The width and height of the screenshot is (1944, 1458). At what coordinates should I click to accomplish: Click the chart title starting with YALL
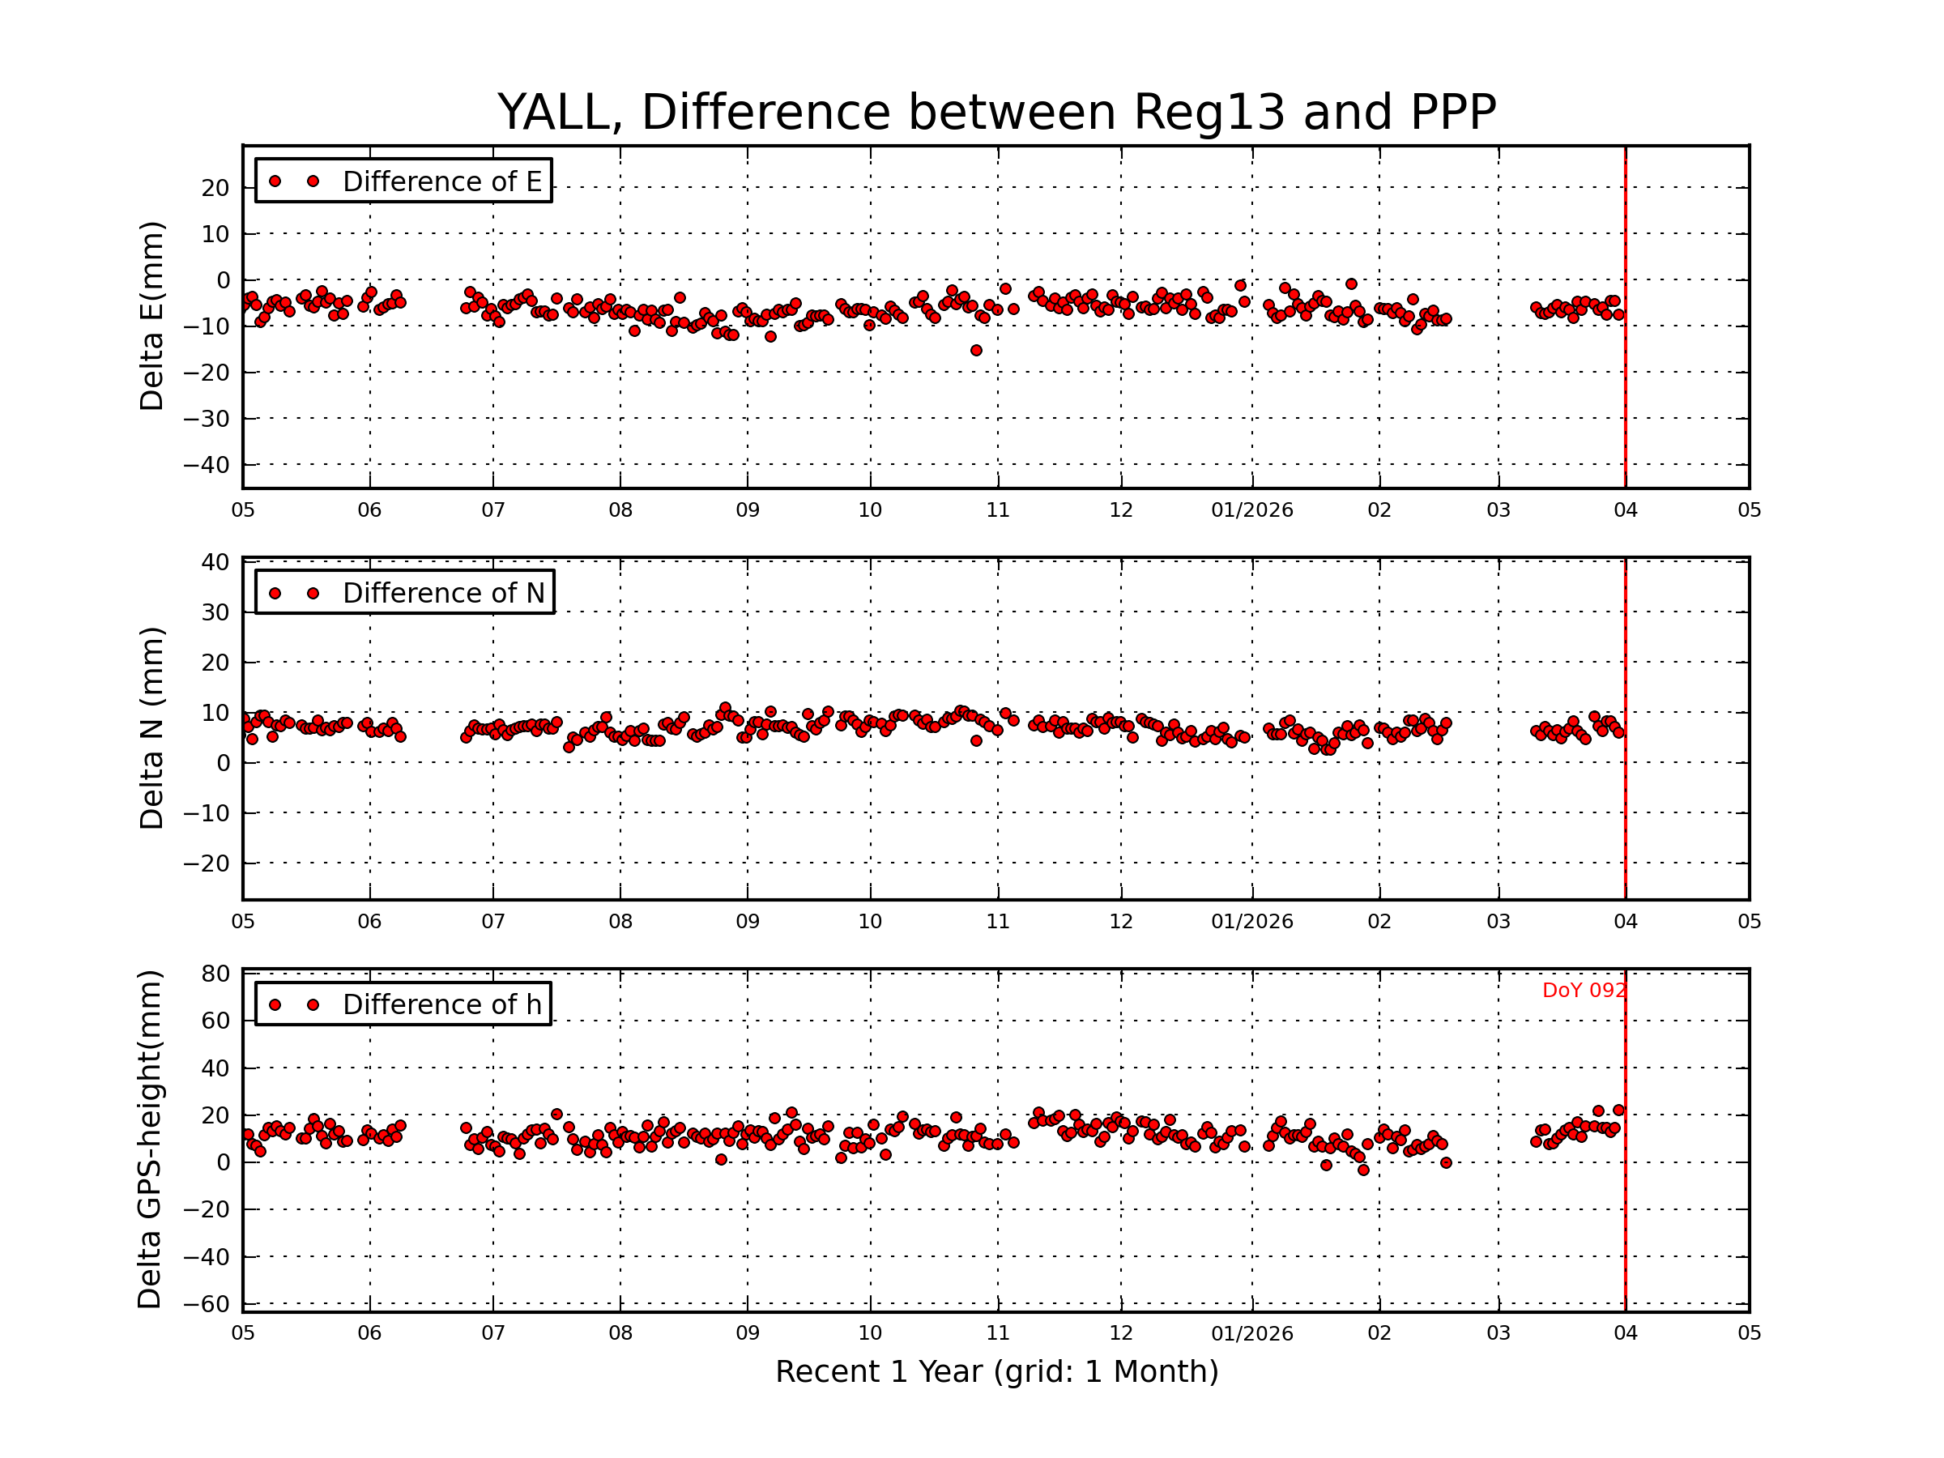[995, 113]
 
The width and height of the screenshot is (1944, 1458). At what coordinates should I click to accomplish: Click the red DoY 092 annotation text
[1583, 991]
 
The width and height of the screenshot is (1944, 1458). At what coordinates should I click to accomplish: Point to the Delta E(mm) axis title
[152, 317]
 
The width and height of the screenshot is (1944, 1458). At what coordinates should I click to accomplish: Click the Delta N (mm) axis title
[152, 727]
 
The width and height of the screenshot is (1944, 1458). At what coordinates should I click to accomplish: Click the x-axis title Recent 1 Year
[995, 1372]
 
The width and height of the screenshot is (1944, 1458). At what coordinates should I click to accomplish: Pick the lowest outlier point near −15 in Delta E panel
[975, 351]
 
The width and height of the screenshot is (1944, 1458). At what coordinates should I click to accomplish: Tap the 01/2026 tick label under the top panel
[1251, 510]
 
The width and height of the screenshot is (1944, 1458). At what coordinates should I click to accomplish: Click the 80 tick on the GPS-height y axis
[215, 974]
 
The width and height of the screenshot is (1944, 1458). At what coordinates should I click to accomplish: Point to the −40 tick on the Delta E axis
[206, 465]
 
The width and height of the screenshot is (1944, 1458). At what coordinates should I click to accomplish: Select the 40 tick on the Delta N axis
[215, 562]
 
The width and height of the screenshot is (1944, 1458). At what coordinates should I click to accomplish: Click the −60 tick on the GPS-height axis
[206, 1304]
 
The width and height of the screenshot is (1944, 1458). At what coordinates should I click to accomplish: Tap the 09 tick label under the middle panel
[747, 922]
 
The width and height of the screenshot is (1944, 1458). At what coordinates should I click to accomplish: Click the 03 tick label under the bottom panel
[1498, 1333]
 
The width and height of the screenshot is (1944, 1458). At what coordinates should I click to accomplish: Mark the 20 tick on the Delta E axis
[215, 188]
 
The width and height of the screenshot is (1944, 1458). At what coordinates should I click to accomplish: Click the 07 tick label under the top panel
[493, 510]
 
